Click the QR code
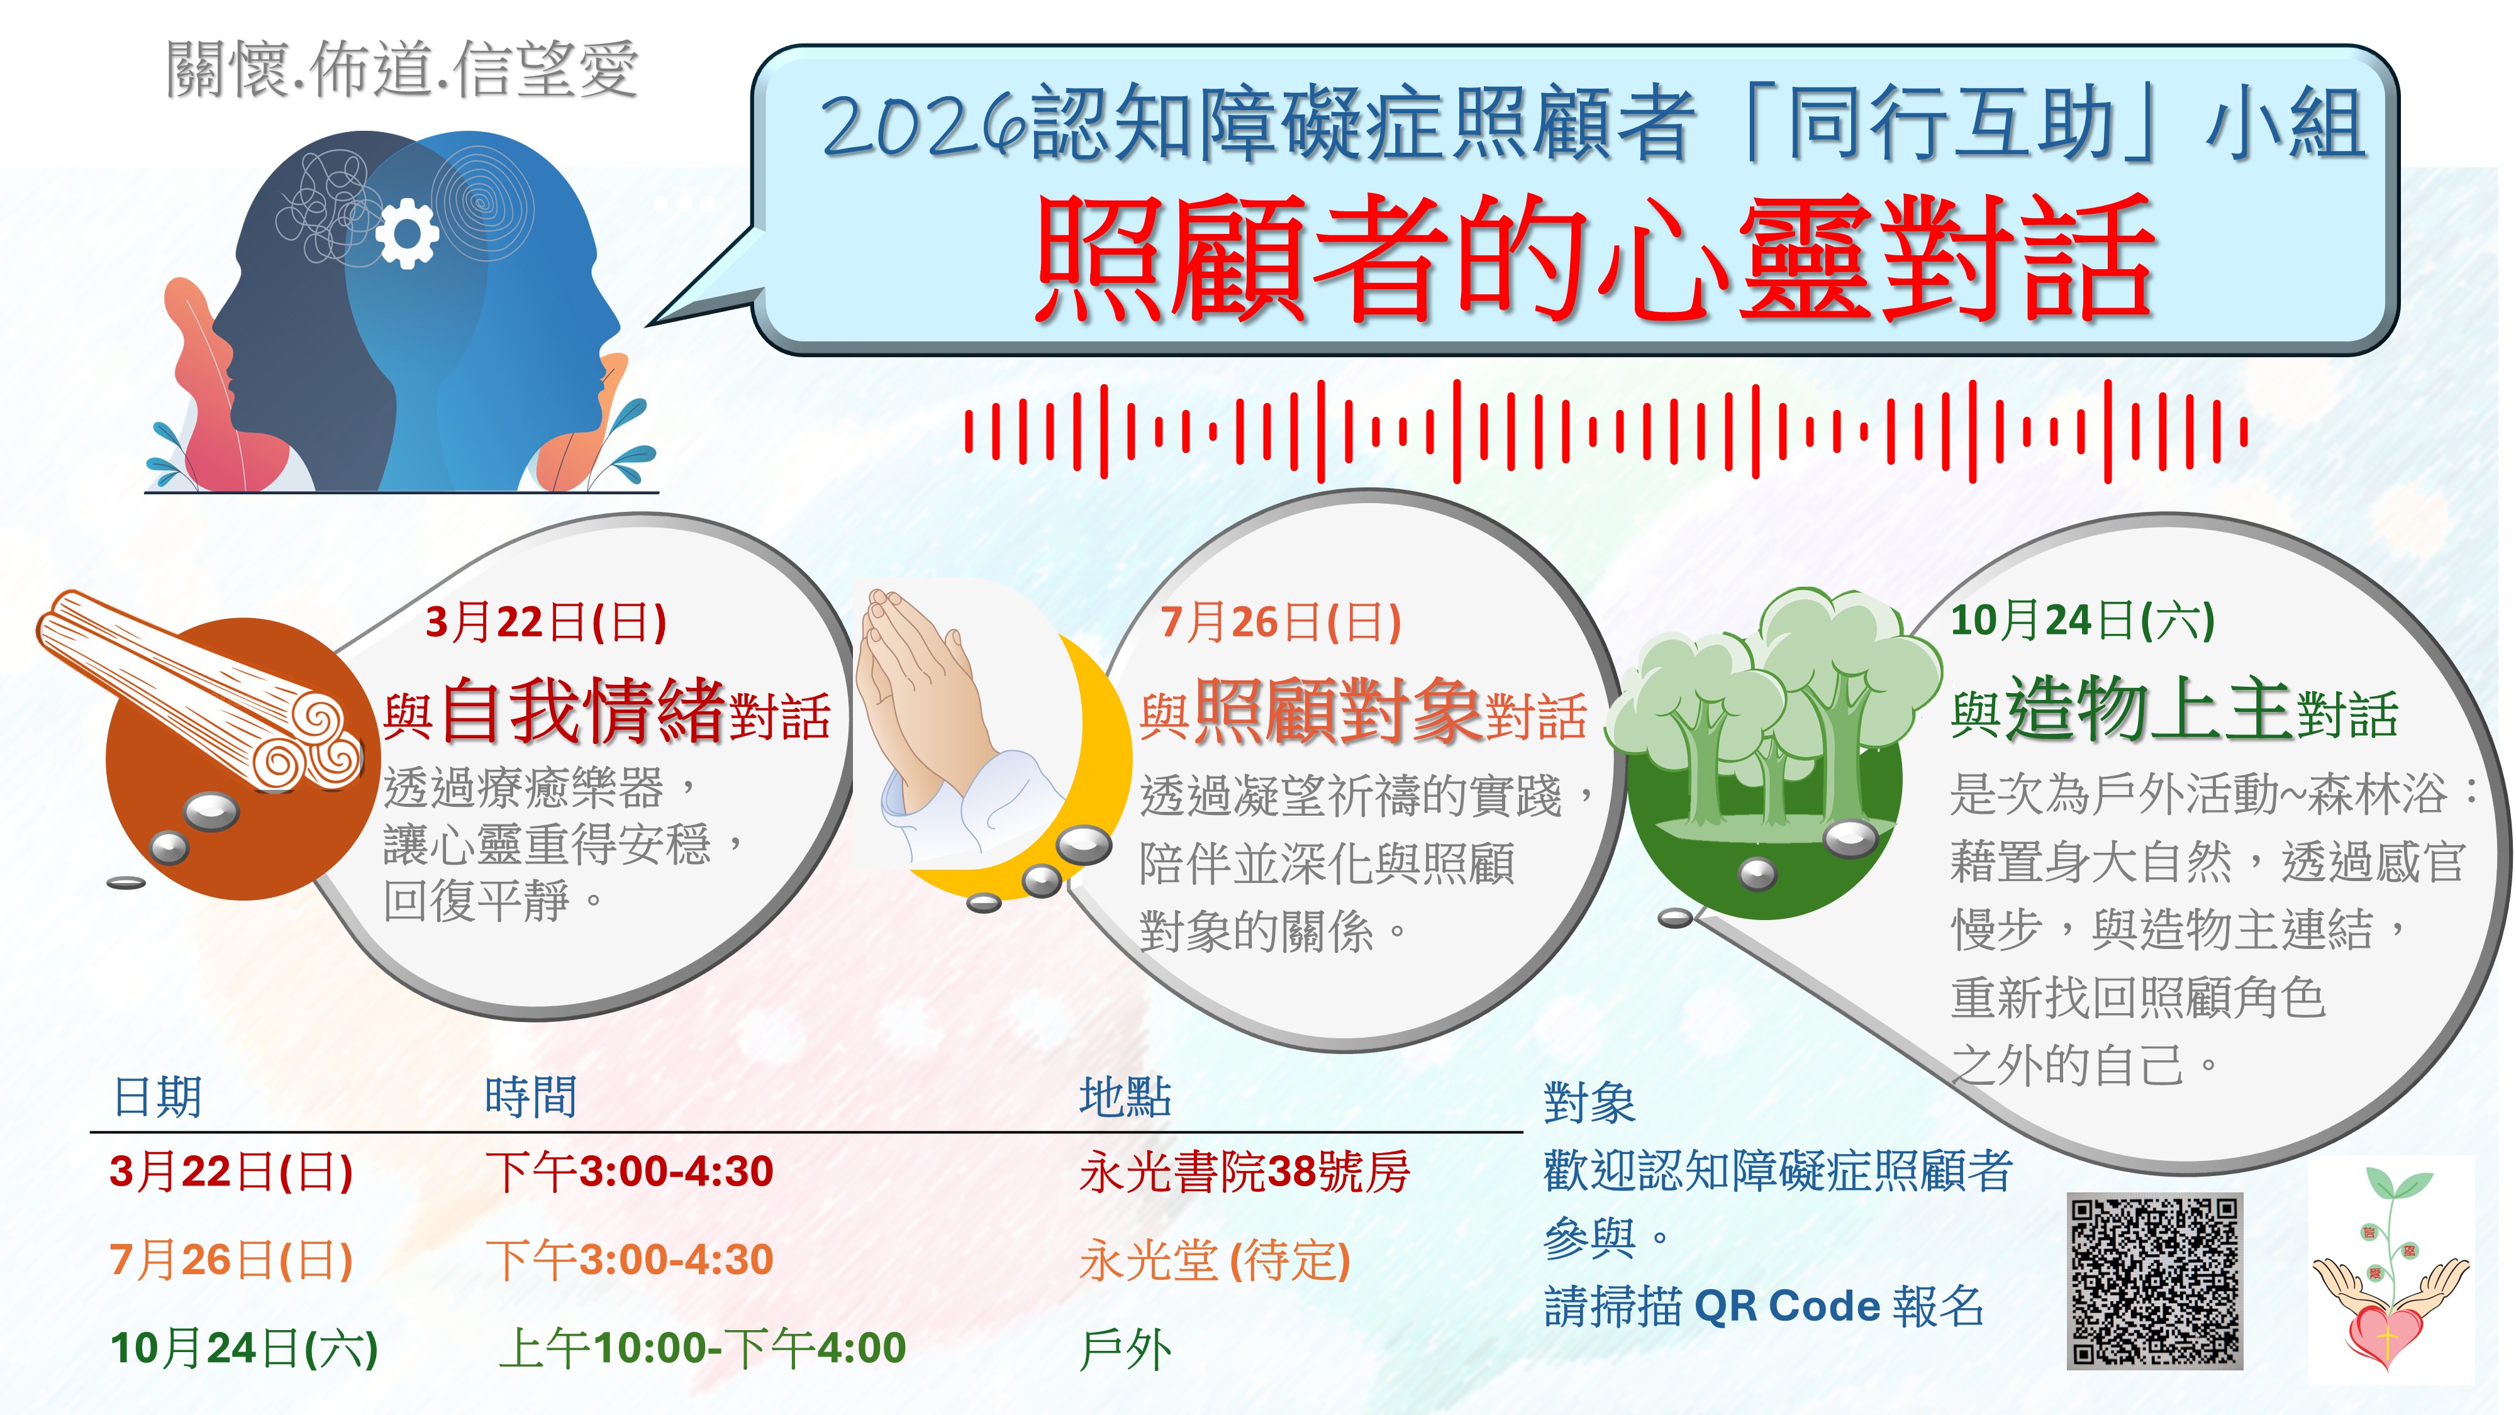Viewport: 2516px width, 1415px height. [2154, 1280]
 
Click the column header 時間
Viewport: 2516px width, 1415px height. [530, 1097]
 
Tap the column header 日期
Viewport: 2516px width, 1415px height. [157, 1097]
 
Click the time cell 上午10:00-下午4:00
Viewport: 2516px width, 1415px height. [702, 1348]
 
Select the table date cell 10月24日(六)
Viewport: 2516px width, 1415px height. [244, 1348]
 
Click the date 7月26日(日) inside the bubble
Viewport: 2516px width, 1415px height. [1281, 622]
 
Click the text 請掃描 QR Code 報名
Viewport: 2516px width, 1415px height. [1764, 1306]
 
